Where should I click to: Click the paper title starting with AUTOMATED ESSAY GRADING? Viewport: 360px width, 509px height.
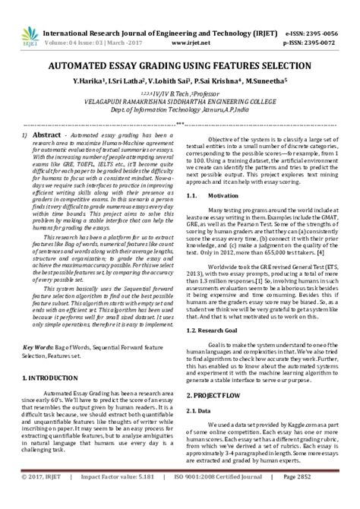click(x=180, y=66)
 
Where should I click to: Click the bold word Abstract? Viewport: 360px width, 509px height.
click(x=46, y=133)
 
